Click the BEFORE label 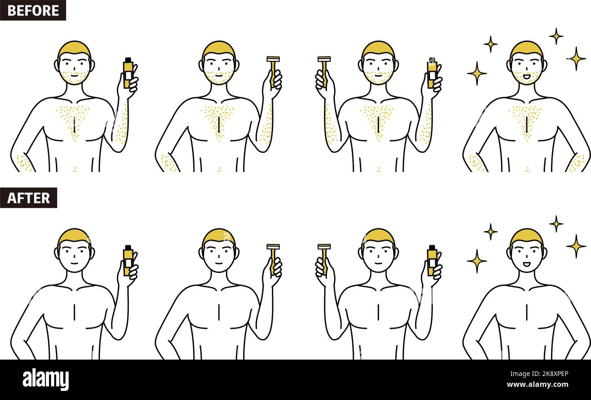(33, 10)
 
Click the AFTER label (28, 198)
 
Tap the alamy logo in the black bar (45, 379)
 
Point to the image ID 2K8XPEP (549, 374)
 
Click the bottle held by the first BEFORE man (128, 73)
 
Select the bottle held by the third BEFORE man (431, 73)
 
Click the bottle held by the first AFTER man (128, 260)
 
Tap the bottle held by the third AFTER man (431, 260)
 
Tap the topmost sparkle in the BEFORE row (556, 36)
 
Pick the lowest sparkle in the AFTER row (476, 261)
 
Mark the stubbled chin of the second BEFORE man (218, 79)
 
